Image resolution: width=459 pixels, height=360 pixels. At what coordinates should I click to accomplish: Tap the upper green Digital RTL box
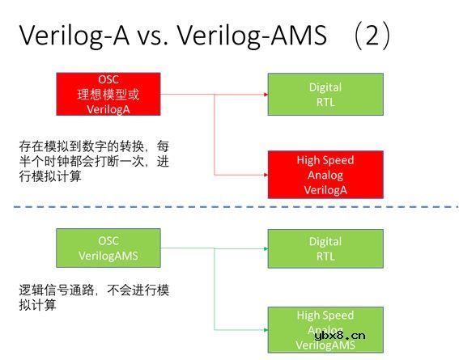pos(325,94)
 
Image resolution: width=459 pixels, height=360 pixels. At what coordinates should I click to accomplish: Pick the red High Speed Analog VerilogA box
pos(325,175)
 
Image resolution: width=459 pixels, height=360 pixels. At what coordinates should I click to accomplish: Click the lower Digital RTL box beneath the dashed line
pos(325,248)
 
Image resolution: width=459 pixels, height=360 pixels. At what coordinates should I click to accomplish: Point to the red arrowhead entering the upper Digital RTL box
pos(265,94)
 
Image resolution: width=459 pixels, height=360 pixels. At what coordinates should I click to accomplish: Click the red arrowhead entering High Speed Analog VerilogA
pos(265,175)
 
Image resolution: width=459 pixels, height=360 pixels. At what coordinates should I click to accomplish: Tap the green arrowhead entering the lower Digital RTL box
pos(265,248)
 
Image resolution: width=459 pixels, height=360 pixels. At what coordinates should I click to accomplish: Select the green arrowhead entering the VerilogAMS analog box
pos(265,328)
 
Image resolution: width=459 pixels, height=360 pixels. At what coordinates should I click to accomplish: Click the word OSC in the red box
pos(108,79)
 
